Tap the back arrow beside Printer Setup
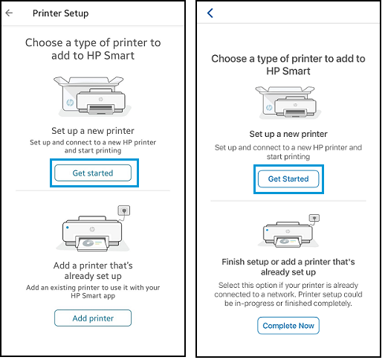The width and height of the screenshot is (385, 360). [9, 13]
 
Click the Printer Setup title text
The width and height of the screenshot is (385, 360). [60, 13]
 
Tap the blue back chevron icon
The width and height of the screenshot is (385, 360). [210, 13]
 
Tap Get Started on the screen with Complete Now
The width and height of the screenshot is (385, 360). [288, 179]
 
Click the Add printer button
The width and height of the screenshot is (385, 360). [93, 318]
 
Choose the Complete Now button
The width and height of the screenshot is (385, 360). [288, 326]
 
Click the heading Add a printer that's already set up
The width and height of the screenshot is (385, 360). [93, 271]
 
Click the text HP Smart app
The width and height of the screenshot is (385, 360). [93, 295]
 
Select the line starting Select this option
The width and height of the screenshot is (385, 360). [288, 285]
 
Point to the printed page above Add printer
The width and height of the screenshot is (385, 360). [94, 242]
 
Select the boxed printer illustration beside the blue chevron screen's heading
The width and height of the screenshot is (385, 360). [288, 102]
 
